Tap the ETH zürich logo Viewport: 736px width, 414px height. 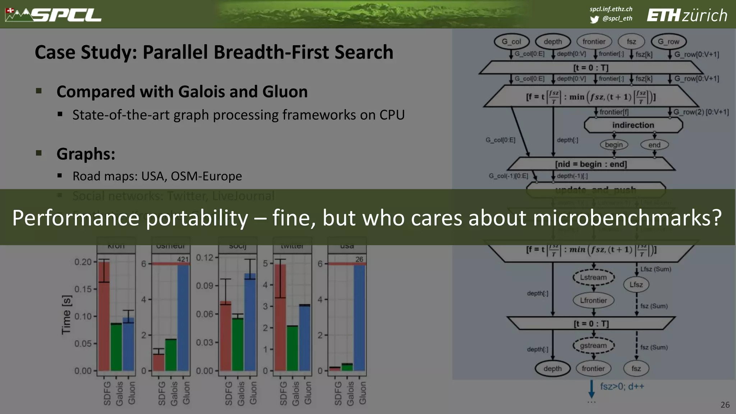687,15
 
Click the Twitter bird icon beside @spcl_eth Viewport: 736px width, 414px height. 594,19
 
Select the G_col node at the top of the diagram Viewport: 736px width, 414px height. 511,42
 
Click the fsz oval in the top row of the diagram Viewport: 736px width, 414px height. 631,42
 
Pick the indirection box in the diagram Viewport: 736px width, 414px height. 633,125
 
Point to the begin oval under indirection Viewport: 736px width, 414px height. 614,144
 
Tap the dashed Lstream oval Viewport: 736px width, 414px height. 593,277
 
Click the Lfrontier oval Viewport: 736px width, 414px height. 593,300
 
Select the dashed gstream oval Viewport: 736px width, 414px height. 593,346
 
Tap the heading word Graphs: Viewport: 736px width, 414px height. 86,154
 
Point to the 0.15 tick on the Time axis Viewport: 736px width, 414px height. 83,289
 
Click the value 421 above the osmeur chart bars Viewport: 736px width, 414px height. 183,259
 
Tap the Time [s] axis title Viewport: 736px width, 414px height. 67,315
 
